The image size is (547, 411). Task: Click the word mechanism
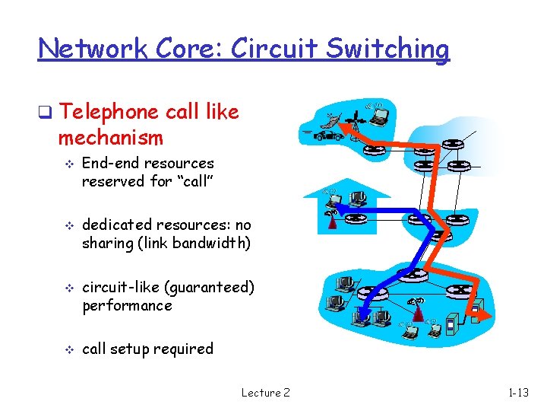[x=110, y=138]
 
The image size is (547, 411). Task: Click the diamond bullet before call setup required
[x=67, y=349]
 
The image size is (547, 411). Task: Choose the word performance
[x=127, y=305]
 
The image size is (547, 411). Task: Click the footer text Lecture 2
[x=265, y=393]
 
